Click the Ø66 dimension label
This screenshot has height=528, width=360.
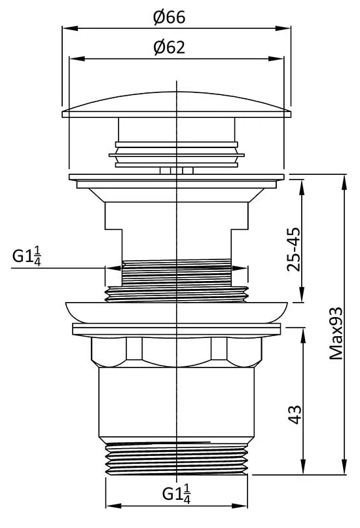click(170, 17)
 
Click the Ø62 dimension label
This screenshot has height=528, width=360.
click(170, 47)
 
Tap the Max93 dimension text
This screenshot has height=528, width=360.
click(336, 333)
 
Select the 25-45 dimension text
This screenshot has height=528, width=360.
click(293, 249)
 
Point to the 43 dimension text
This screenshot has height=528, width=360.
click(295, 414)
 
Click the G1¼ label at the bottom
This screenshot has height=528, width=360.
click(177, 494)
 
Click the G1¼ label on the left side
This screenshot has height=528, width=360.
click(27, 256)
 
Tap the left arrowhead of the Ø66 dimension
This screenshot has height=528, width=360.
click(70, 28)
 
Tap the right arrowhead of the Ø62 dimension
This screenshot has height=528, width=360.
click(276, 58)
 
